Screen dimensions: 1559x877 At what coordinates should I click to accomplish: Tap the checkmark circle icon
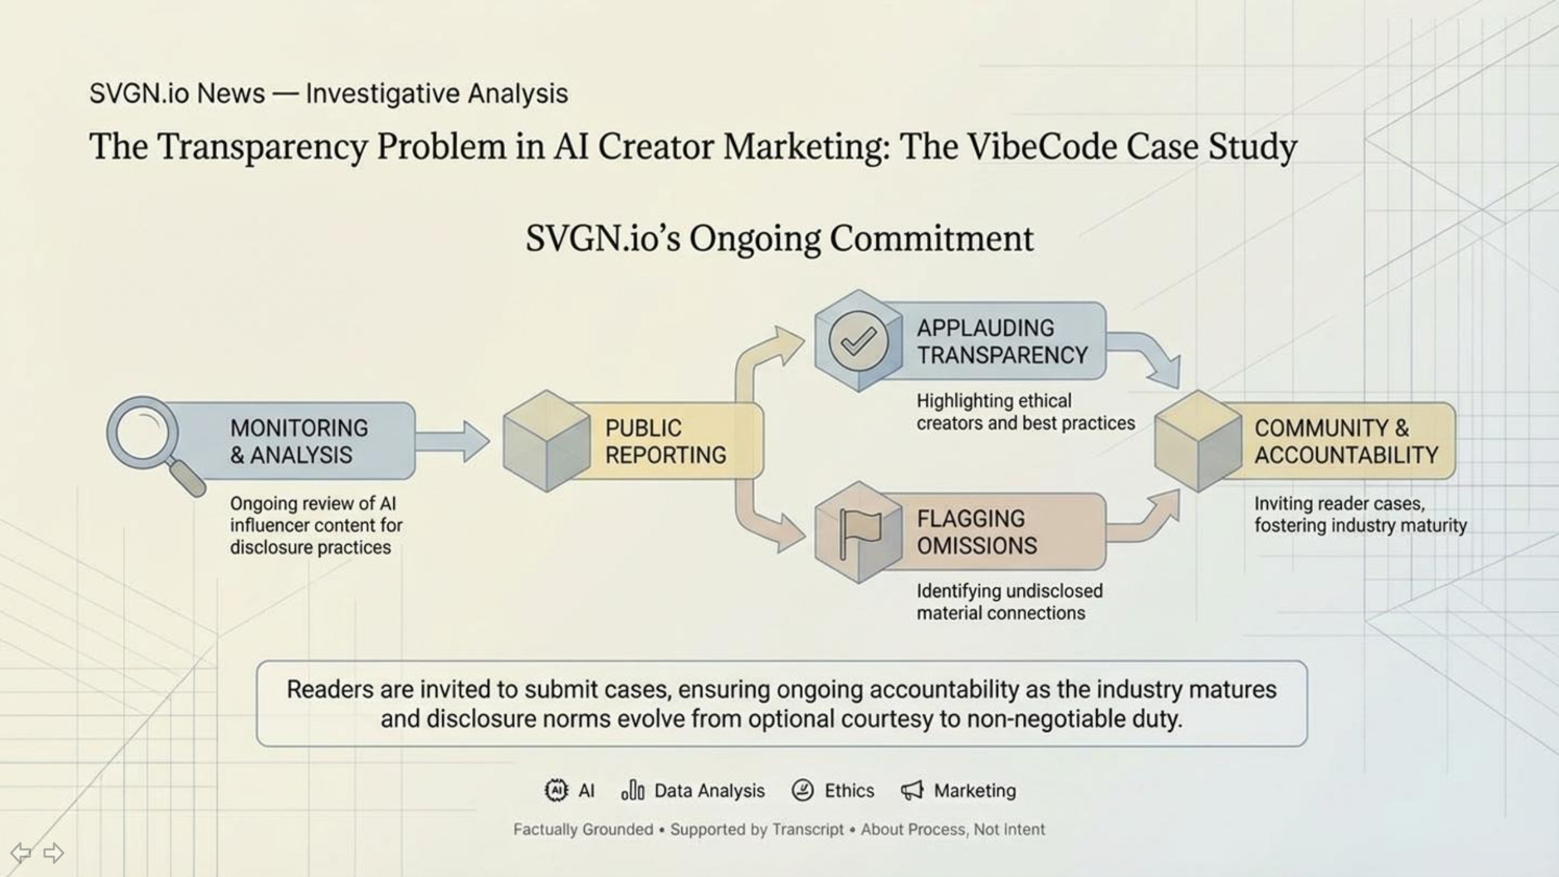pos(859,341)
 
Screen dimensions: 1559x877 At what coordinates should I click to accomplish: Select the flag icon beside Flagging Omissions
pos(859,532)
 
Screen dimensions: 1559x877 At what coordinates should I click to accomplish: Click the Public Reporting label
pos(665,441)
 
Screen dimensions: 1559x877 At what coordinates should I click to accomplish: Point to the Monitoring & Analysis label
pos(298,441)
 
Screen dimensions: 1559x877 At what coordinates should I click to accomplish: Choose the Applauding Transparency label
pos(1002,341)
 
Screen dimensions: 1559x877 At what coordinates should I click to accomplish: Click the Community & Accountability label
pos(1346,441)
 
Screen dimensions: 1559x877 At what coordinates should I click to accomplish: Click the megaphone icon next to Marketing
pos(912,791)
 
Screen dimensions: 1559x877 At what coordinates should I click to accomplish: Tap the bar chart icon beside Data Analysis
pos(633,791)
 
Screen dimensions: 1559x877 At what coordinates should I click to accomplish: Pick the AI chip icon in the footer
pos(555,791)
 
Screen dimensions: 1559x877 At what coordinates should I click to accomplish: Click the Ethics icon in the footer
pos(803,791)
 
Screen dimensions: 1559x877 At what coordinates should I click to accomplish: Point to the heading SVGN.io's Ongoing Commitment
pos(779,238)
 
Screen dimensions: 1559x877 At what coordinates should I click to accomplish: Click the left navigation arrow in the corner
pos(21,853)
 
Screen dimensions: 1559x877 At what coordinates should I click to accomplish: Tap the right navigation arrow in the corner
pos(54,853)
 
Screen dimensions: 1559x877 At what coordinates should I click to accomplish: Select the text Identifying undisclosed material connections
pos(1009,602)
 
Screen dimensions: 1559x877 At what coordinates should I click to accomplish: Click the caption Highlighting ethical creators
pos(1026,412)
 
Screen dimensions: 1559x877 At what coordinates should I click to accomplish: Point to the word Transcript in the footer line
pos(808,829)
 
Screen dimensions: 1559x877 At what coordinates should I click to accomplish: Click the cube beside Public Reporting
pos(546,441)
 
